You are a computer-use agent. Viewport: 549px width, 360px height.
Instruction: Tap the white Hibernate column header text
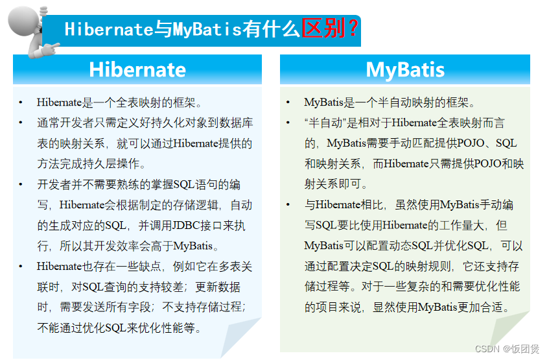pyautogui.click(x=137, y=69)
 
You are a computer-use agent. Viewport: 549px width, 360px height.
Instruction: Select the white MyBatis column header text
pyautogui.click(x=404, y=69)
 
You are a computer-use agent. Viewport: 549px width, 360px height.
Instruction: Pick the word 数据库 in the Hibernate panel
pyautogui.click(x=238, y=123)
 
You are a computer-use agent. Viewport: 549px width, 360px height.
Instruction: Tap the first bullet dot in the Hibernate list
pyautogui.click(x=21, y=102)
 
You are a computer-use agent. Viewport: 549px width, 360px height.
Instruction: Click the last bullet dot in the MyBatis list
pyautogui.click(x=288, y=205)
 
